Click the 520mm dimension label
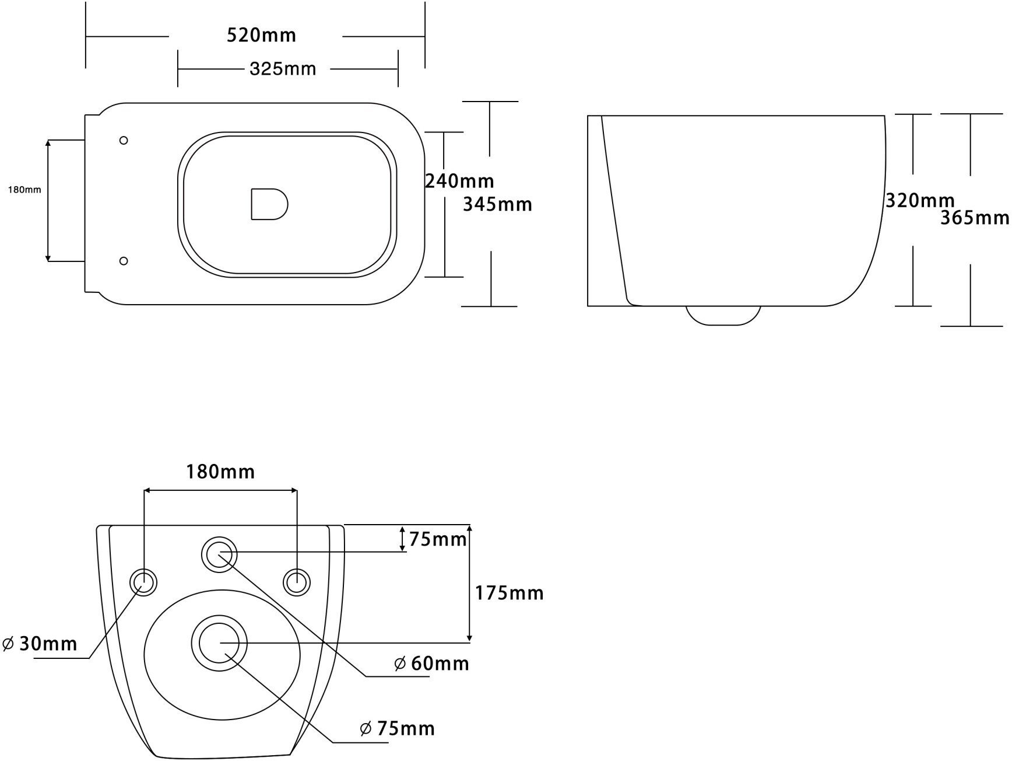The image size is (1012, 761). (x=261, y=36)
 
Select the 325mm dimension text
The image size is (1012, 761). (x=283, y=69)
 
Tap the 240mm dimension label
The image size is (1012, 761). (x=459, y=181)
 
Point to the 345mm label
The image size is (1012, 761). (x=497, y=204)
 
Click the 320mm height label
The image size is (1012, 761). (x=920, y=201)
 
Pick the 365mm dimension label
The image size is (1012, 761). (x=975, y=218)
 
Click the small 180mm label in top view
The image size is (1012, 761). (x=24, y=190)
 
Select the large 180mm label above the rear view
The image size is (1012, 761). (x=220, y=471)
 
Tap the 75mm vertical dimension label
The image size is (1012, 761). (x=438, y=539)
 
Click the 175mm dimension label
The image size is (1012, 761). (x=509, y=594)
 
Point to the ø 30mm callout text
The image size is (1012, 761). (x=40, y=644)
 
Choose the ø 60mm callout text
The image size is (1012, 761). (x=431, y=664)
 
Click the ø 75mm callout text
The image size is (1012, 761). (x=398, y=728)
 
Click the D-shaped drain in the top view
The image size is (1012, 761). (x=269, y=204)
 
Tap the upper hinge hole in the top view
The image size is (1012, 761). (x=124, y=140)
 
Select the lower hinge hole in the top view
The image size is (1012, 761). (x=124, y=261)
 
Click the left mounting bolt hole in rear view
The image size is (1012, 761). (x=143, y=582)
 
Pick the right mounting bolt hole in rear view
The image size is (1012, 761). (x=297, y=582)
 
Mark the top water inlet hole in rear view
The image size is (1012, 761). (x=219, y=554)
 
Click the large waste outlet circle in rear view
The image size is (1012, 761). (x=219, y=643)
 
